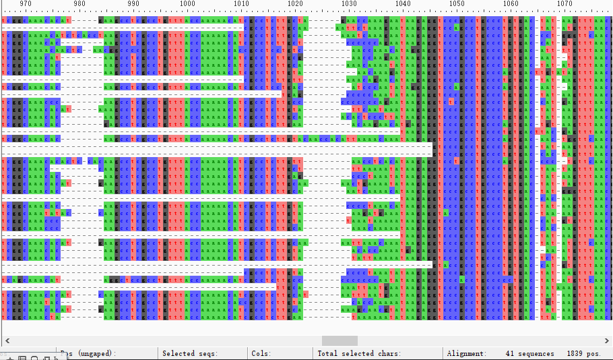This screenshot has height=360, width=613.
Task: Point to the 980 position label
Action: click(79, 4)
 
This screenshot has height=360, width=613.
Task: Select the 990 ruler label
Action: click(133, 4)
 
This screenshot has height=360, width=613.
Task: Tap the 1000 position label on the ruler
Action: click(187, 4)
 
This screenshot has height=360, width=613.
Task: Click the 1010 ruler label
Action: click(241, 4)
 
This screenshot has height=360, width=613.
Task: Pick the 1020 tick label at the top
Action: click(295, 4)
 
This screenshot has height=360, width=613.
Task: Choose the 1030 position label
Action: click(349, 4)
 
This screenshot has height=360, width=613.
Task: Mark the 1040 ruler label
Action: click(403, 4)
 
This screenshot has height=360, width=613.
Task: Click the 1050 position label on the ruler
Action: click(457, 4)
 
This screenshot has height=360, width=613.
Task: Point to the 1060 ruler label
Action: click(511, 4)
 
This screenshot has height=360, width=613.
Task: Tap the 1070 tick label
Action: click(564, 4)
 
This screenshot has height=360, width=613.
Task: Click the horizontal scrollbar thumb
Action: click(340, 340)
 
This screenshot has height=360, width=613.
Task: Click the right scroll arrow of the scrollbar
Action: click(607, 340)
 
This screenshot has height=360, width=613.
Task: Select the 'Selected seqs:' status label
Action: click(189, 353)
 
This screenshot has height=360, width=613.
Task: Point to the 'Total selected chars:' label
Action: click(359, 353)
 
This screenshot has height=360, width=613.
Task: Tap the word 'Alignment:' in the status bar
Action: click(466, 353)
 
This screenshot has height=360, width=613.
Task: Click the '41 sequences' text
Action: click(529, 353)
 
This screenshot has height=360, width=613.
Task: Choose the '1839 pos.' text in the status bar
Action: click(583, 353)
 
